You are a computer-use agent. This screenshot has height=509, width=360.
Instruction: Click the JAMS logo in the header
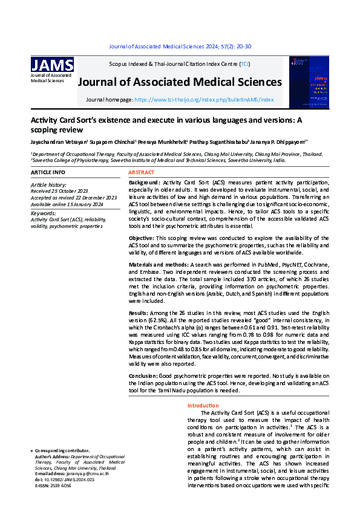click(52, 65)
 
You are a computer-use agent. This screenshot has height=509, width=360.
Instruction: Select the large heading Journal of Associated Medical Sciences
click(180, 82)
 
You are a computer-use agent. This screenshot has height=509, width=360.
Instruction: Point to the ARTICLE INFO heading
click(48, 173)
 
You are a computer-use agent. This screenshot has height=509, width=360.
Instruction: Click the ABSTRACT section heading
click(142, 173)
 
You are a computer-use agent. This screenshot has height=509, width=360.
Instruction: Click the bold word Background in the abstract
click(145, 182)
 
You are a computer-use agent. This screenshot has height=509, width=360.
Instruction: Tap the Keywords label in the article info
click(43, 213)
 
